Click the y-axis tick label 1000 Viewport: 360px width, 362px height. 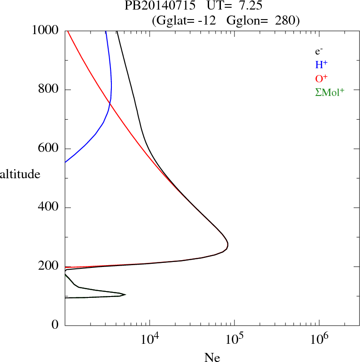[45, 30]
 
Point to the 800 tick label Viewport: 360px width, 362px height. [48, 90]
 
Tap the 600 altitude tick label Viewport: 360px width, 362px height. [48, 149]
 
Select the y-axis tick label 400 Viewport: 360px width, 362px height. [48, 208]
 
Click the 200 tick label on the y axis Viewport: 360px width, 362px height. [48, 267]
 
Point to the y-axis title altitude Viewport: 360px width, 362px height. [20, 174]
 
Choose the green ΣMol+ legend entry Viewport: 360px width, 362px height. [330, 92]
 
